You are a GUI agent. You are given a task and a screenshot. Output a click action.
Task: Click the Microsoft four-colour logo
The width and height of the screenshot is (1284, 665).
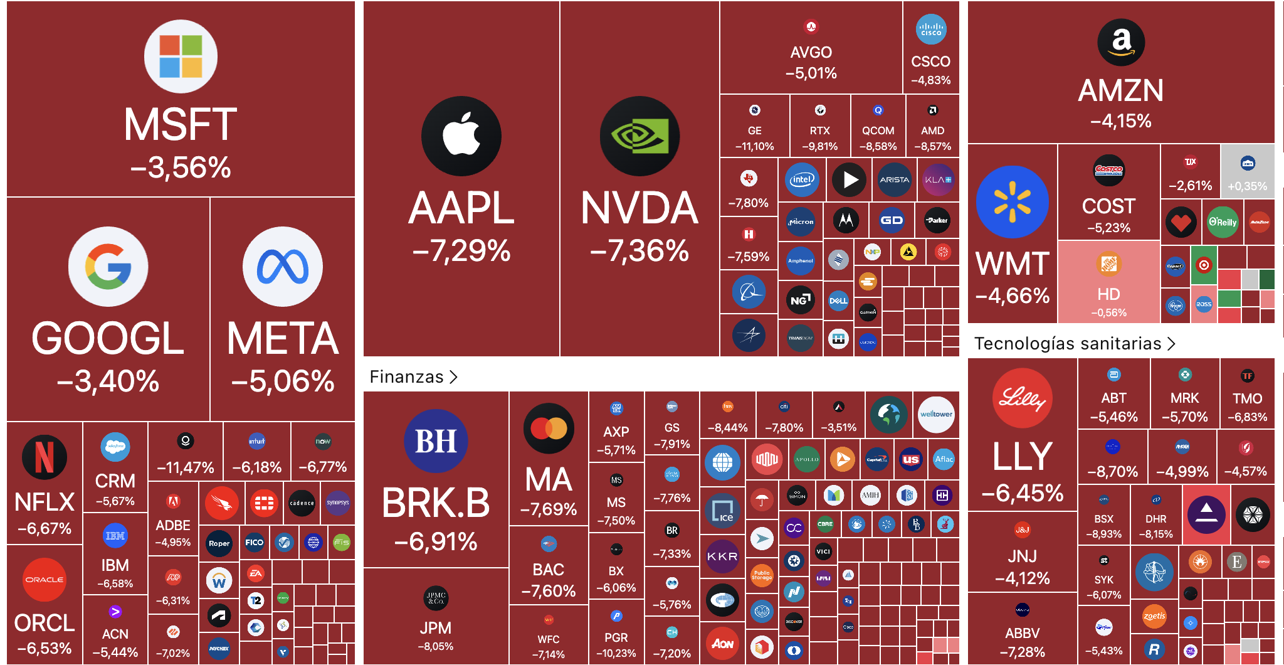point(181,56)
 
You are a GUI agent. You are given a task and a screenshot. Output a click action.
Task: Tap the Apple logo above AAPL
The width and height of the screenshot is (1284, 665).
point(461,136)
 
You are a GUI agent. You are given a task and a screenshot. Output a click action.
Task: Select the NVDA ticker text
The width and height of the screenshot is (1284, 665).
point(639,208)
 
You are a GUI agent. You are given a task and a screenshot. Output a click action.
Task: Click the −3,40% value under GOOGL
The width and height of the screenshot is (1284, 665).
point(108,381)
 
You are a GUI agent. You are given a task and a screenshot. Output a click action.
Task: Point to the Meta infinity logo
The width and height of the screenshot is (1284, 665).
point(283,267)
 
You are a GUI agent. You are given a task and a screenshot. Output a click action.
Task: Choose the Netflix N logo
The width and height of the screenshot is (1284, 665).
point(44,457)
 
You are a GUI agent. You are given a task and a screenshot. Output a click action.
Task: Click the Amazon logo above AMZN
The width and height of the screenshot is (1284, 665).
point(1121,42)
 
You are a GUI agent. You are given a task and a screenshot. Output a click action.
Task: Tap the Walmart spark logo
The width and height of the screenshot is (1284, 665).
point(1012,202)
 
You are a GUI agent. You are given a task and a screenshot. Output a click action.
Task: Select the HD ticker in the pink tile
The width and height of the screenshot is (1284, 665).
point(1108,294)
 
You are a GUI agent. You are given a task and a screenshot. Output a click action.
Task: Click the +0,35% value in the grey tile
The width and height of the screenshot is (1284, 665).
point(1247,186)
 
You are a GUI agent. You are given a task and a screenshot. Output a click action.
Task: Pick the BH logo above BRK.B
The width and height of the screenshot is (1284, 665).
point(436,440)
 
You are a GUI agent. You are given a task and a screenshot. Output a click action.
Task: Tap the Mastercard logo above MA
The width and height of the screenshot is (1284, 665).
point(549,428)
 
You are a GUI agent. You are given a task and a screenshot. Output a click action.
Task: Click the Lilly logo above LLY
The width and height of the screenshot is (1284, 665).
point(1022,398)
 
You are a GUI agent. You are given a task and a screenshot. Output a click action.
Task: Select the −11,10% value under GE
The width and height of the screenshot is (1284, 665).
point(754,147)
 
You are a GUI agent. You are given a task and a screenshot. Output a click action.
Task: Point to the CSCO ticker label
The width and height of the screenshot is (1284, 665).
point(930,61)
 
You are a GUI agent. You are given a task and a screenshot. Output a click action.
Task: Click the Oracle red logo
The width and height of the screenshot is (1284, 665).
point(44,579)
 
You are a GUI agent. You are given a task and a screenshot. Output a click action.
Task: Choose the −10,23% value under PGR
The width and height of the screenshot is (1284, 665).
point(616,653)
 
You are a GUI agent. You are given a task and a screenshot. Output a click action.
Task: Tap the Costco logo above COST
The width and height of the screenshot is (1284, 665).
point(1108,169)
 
